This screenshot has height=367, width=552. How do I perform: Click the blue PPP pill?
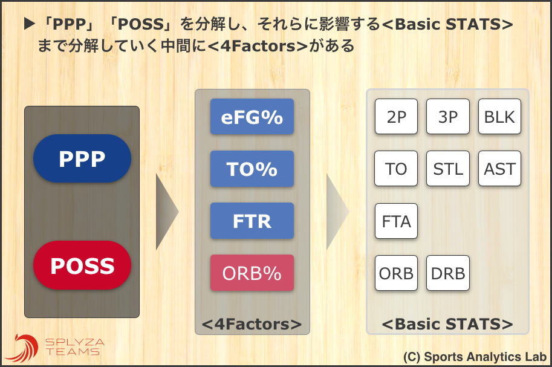pos(82,158)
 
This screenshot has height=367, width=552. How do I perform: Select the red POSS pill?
pos(82,265)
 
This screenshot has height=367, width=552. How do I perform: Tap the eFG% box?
pos(252,117)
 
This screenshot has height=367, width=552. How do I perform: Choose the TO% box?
pos(252,169)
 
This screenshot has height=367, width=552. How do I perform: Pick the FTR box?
pos(252,221)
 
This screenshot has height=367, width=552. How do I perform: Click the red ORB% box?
pos(252,273)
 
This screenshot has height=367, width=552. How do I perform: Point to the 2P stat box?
pos(396,117)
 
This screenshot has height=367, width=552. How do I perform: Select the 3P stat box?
pos(448,117)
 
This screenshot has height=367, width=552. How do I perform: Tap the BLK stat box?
pos(499,117)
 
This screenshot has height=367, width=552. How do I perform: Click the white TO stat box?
pos(396,169)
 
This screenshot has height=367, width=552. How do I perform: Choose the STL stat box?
pos(448,169)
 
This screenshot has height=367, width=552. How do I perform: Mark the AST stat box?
pos(499,169)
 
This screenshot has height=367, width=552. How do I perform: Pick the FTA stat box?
pos(396,221)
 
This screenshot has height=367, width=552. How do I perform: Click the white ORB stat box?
pos(396,273)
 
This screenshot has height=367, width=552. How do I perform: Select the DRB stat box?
pos(448,273)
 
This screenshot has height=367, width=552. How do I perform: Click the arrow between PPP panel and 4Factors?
pos(166,212)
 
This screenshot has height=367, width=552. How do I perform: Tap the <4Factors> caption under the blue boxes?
pos(252,324)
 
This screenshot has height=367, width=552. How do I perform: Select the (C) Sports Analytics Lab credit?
pos(475,357)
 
